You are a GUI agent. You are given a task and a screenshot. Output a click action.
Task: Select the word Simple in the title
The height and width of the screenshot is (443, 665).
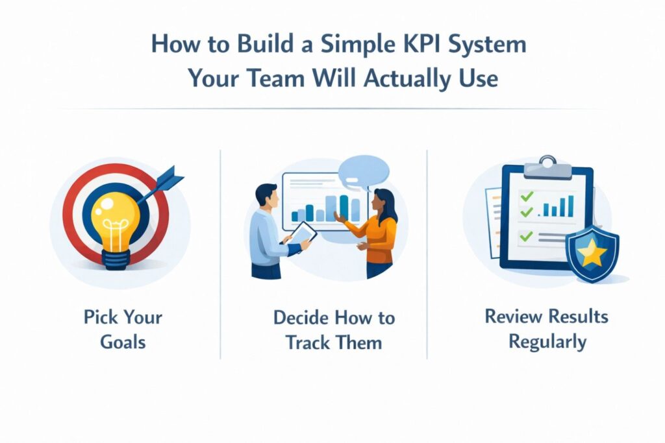333,46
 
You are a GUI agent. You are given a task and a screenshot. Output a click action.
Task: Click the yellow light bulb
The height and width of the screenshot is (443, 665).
116,217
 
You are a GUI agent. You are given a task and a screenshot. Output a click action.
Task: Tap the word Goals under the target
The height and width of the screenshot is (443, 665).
123,342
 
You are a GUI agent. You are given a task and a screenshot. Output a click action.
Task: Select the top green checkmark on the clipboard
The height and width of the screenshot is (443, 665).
527,195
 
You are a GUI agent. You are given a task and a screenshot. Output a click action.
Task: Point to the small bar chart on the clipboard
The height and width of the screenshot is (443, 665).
559,206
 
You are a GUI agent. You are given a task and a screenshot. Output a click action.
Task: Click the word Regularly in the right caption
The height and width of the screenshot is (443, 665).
547,341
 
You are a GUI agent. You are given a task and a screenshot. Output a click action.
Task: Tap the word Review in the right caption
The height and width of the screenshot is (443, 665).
514,317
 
